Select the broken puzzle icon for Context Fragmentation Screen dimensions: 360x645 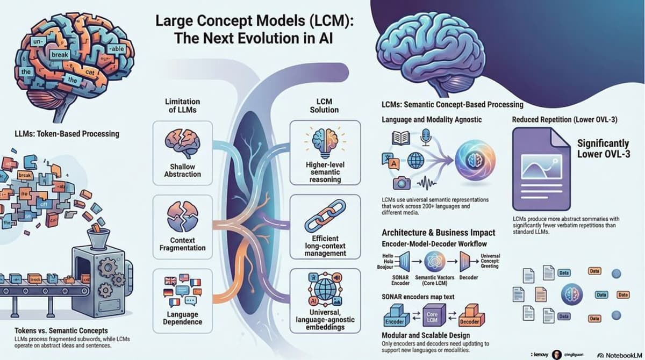(x=182, y=217)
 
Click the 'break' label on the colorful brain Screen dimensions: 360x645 (x=59, y=55)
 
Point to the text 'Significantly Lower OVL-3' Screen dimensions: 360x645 (x=602, y=149)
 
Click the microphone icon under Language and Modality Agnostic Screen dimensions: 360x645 (x=426, y=138)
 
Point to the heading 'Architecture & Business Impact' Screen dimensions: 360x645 (x=438, y=233)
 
